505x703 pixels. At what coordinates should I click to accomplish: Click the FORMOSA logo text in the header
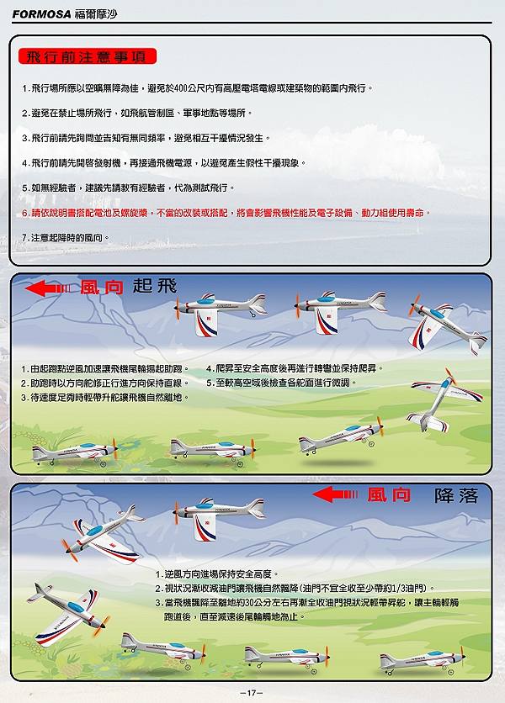[x=42, y=14]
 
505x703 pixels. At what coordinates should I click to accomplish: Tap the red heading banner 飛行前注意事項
[x=88, y=56]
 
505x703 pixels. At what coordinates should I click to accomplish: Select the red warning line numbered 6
[x=226, y=213]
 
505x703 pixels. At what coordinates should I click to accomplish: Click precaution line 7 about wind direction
[x=66, y=238]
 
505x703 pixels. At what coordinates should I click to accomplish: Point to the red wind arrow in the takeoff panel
[x=48, y=288]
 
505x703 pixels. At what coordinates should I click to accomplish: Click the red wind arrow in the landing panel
[x=335, y=494]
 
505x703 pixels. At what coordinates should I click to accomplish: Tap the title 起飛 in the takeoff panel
[x=155, y=286]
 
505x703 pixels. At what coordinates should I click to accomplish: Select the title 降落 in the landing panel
[x=456, y=495]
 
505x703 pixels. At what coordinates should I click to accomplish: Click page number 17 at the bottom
[x=252, y=693]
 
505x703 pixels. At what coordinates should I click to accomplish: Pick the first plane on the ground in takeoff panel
[x=75, y=452]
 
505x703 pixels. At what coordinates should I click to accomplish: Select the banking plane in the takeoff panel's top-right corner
[x=447, y=326]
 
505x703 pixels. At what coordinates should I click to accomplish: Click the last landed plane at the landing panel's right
[x=422, y=660]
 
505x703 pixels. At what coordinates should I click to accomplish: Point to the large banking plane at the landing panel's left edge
[x=68, y=613]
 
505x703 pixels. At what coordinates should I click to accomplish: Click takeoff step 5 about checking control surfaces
[x=281, y=383]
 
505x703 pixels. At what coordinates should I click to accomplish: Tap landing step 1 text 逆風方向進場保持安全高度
[x=217, y=573]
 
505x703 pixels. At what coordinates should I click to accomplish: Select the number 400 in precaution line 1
[x=181, y=87]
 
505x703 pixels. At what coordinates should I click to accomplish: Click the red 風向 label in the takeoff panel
[x=102, y=288]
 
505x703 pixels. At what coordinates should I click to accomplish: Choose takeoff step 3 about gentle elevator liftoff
[x=104, y=397]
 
